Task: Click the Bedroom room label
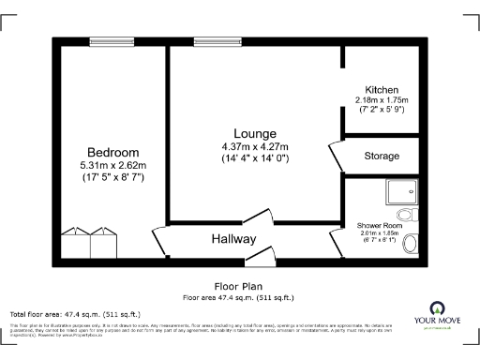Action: (113, 153)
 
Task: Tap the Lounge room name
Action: (254, 133)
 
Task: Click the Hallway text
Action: (233, 239)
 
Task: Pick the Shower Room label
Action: (379, 226)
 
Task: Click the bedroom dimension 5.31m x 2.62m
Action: (113, 165)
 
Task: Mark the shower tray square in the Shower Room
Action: (406, 193)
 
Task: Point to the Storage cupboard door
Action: (335, 154)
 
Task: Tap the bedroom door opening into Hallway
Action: (159, 243)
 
